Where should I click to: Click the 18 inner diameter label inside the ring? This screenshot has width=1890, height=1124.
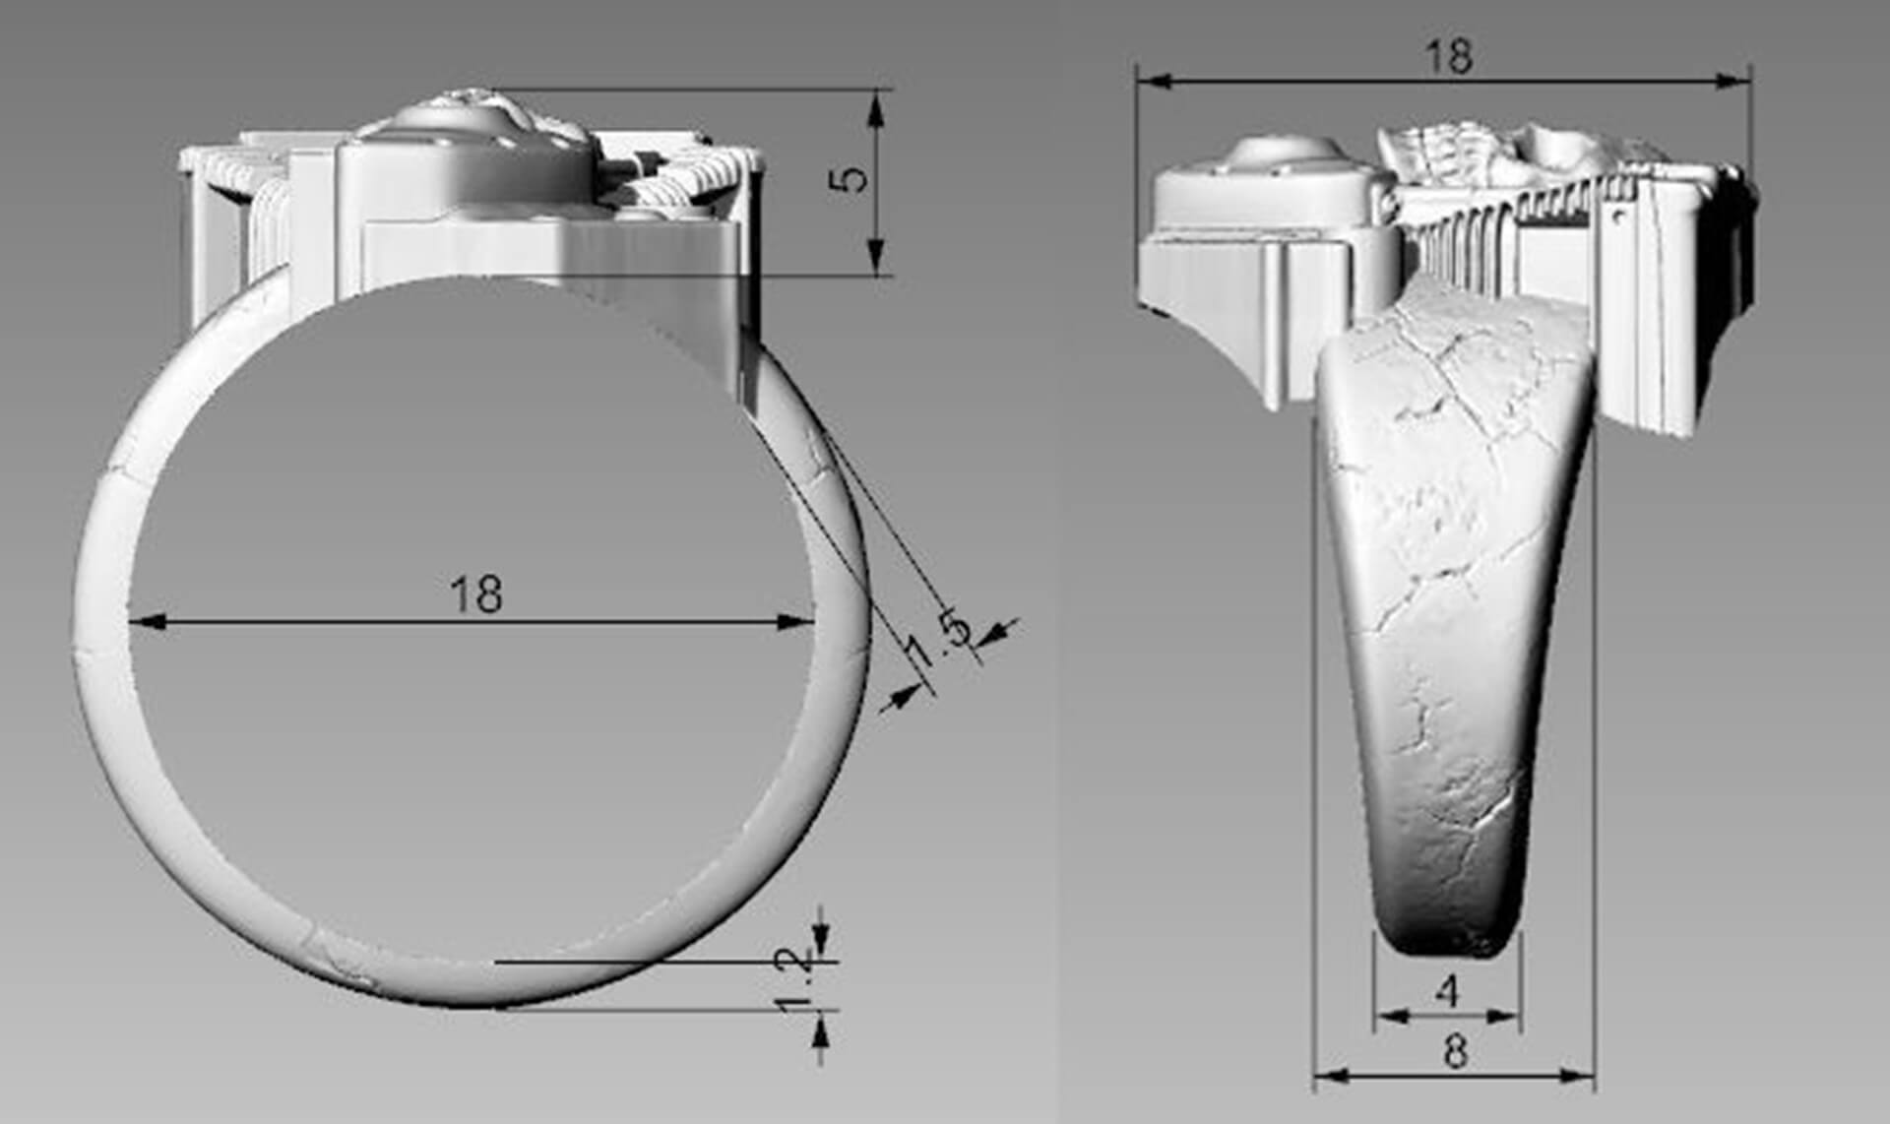point(475,594)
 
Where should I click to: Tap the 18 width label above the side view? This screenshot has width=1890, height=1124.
point(1449,57)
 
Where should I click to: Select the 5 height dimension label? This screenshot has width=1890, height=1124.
point(852,178)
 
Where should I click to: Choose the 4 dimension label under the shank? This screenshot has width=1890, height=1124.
point(1447,991)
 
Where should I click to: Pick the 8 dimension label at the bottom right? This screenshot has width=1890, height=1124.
point(1455,1052)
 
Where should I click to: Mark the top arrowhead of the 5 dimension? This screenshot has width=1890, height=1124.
point(875,107)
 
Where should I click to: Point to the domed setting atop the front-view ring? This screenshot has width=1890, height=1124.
point(463,138)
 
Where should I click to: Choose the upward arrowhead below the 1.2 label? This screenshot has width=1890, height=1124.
point(821,1030)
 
